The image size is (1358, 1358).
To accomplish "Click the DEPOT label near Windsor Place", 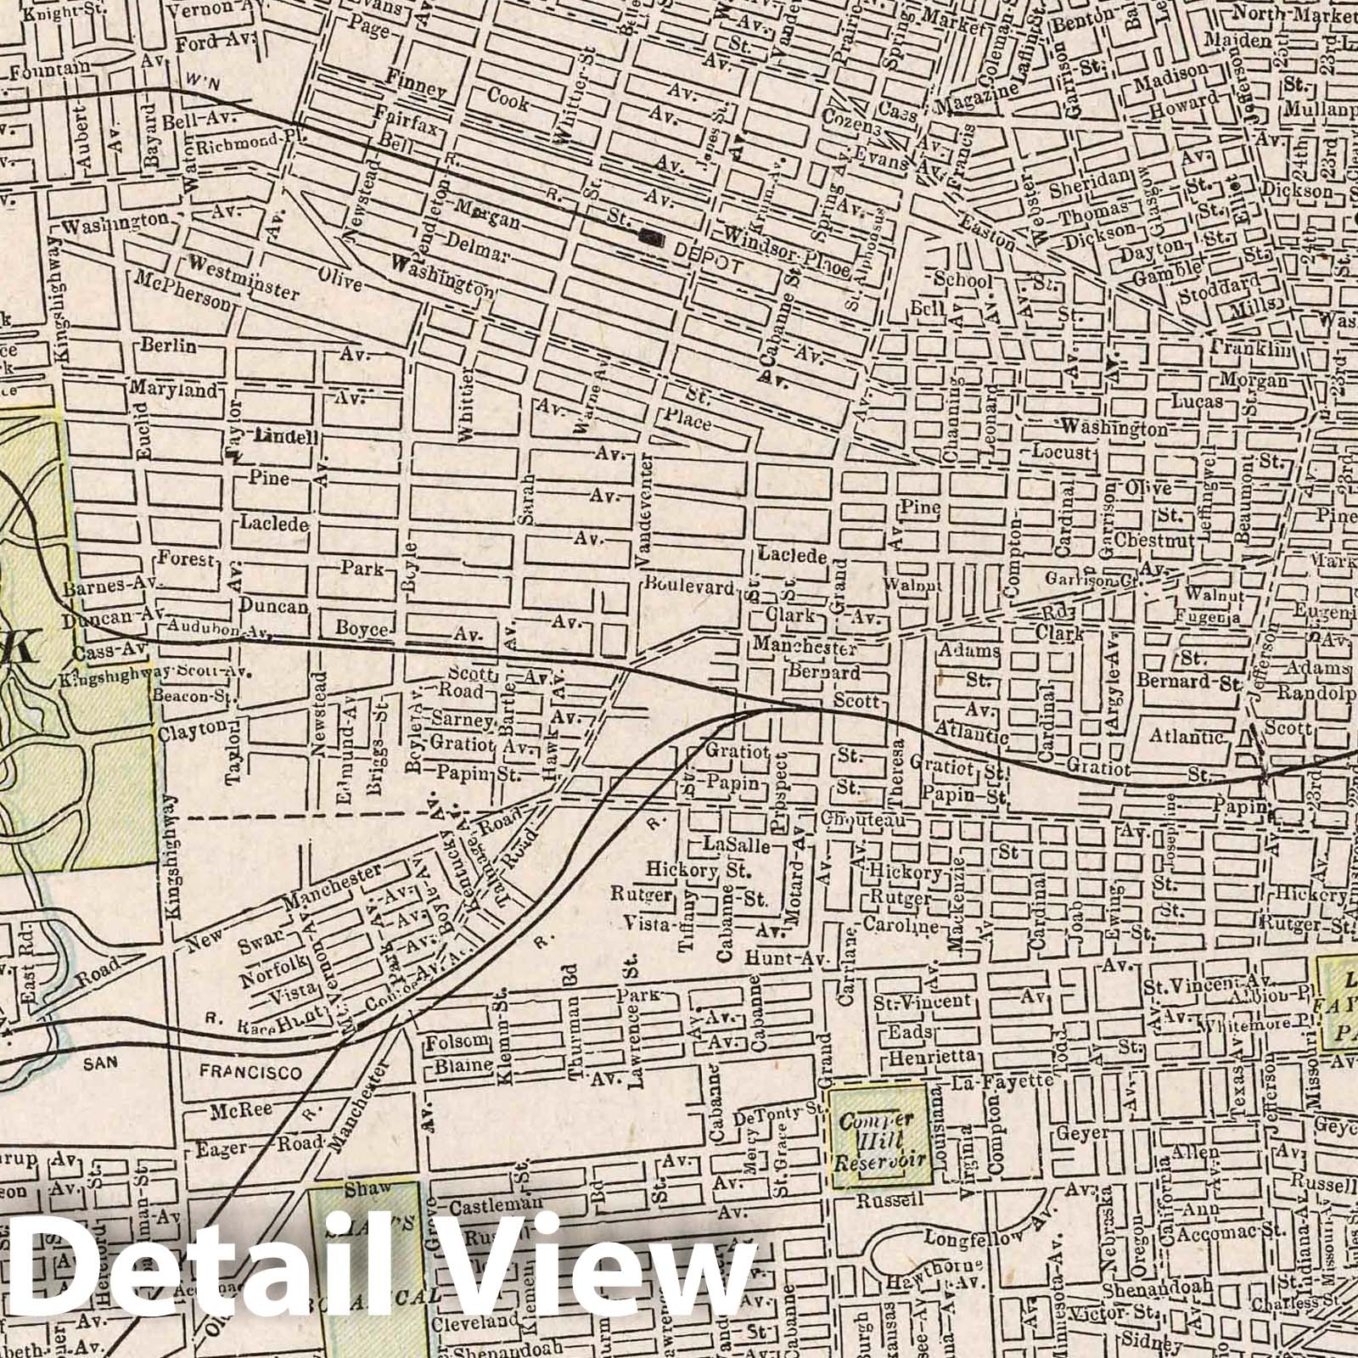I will [x=710, y=264].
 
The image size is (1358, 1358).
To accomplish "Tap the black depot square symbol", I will [x=653, y=238].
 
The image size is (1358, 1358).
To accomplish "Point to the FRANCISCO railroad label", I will [x=250, y=1073].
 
